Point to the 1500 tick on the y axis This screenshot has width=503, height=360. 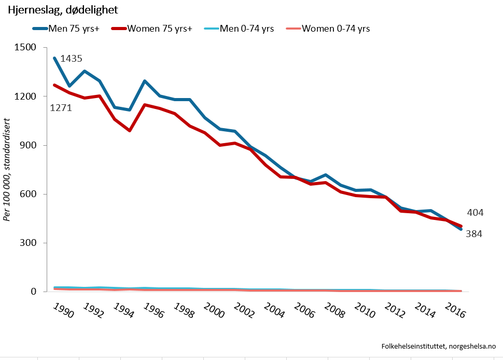25,48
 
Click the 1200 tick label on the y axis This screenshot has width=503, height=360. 25,96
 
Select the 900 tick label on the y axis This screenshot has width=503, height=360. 28,145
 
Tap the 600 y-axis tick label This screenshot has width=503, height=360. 28,194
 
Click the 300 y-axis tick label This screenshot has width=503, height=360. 28,243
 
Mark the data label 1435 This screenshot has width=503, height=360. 71,59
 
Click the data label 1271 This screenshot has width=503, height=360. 61,108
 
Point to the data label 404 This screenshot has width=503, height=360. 475,212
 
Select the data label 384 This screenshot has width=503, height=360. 473,234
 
